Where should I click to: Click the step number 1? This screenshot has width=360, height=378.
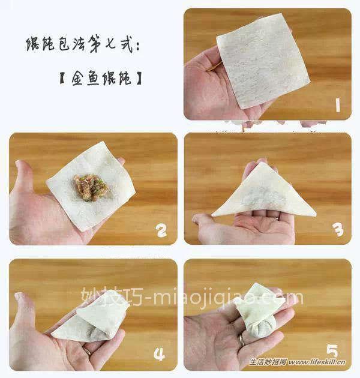tap(337, 107)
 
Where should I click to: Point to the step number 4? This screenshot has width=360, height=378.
tap(159, 353)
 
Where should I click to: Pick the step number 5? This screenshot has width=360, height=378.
tap(332, 352)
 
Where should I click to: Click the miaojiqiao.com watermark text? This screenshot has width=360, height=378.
tap(192, 298)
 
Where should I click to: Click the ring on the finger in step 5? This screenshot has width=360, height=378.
tap(241, 340)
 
